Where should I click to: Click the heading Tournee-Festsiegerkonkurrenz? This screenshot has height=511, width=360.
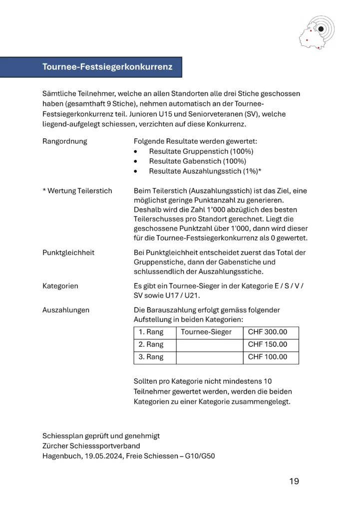107,67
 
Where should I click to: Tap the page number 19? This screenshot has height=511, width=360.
294,481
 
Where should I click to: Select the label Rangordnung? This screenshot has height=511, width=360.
65,141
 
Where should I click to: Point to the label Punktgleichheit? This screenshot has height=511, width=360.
68,253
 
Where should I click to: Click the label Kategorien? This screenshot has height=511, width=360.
60,286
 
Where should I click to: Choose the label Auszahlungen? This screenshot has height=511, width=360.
66,310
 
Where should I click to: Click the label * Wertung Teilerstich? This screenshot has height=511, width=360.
77,191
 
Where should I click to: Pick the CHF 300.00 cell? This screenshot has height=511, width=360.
268,332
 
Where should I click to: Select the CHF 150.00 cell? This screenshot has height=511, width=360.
268,345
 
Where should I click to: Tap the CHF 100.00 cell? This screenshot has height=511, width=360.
268,357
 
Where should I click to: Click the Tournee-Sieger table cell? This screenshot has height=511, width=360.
206,332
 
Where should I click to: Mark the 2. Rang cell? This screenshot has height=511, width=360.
151,345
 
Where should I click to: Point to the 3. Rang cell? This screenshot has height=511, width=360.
151,357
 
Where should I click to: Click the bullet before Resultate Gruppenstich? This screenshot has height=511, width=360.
136,151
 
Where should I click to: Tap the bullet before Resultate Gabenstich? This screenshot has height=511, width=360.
136,161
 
